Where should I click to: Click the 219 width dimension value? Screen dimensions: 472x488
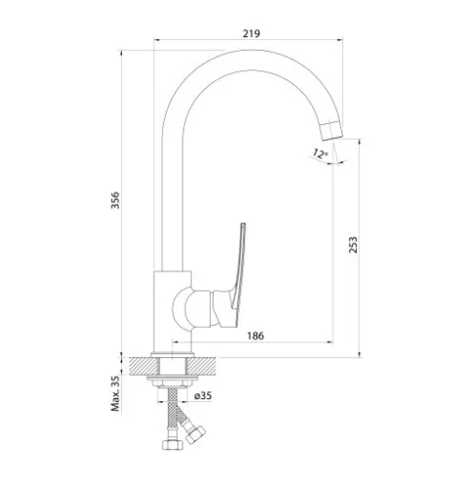click(x=252, y=33)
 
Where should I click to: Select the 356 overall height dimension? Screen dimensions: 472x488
click(x=115, y=200)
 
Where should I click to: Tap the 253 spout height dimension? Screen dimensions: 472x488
click(x=353, y=245)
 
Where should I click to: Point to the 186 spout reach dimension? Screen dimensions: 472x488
click(x=256, y=336)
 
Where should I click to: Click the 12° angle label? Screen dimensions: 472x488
click(x=320, y=153)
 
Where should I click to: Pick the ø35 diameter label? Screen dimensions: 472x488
click(x=203, y=395)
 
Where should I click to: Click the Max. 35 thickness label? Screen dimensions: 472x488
click(x=115, y=393)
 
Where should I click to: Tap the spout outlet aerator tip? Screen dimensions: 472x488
click(x=332, y=130)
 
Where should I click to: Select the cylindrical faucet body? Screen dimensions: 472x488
click(x=173, y=311)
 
